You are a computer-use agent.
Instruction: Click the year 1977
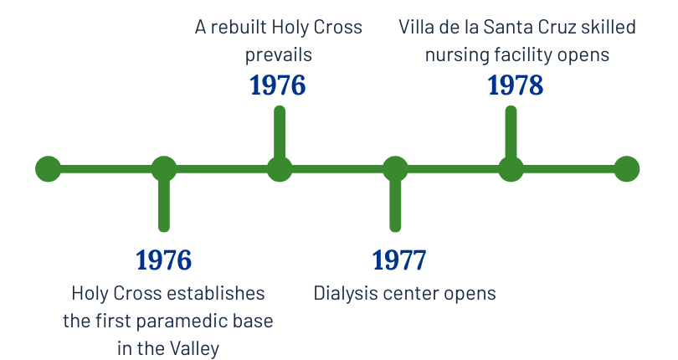pos(399,260)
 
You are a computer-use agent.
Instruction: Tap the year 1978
pos(515,85)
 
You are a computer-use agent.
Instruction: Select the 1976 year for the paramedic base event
pos(164,260)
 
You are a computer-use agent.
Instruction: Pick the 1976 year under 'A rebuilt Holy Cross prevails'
pos(278,85)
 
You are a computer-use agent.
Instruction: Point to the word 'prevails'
pos(278,56)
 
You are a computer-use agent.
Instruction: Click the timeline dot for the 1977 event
pos(395,169)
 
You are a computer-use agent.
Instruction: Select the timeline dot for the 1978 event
pos(511,169)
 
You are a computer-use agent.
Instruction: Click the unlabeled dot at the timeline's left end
pos(48,169)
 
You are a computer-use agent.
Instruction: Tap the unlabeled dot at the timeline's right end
pos(626,169)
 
